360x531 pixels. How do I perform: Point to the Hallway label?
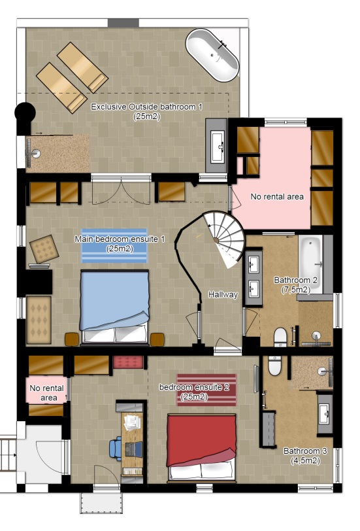(223, 295)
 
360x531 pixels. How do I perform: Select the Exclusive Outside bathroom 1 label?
(147, 111)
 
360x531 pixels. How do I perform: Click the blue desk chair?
(116, 449)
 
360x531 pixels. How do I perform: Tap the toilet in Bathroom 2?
(280, 336)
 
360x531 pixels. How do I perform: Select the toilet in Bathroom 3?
(274, 366)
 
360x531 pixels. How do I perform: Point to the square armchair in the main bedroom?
(44, 250)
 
